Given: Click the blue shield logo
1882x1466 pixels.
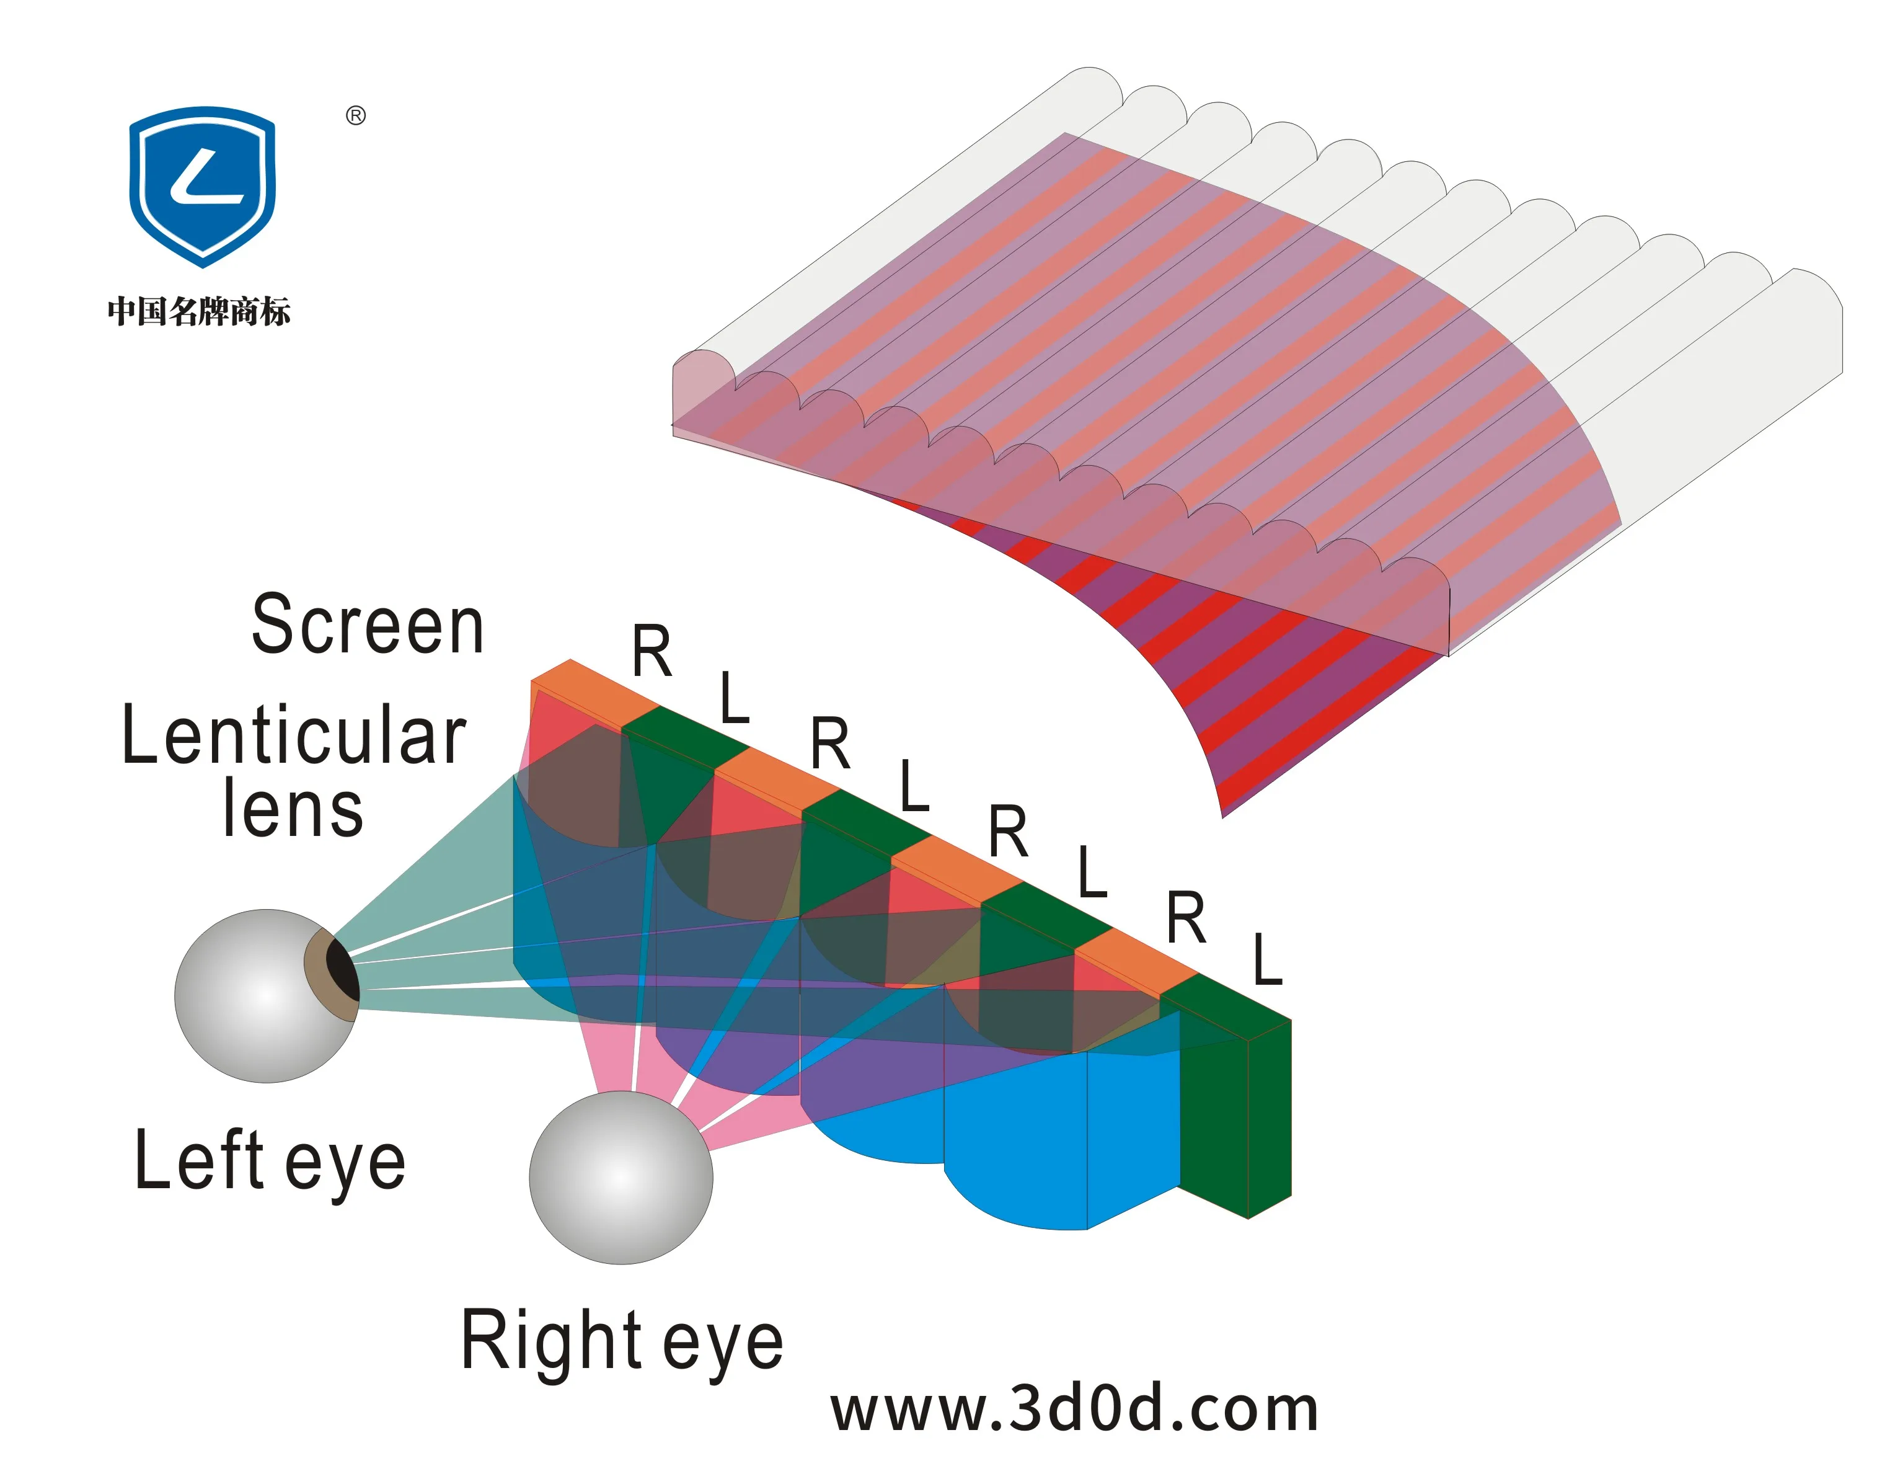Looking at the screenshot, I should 203,185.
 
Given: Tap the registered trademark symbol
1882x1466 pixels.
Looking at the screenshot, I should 356,115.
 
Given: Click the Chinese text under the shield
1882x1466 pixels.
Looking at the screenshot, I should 199,311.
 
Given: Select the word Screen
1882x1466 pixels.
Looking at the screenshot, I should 368,625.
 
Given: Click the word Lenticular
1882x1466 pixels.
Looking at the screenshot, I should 294,734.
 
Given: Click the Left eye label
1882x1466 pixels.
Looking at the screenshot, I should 270,1161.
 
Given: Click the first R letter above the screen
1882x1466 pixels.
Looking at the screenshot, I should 652,652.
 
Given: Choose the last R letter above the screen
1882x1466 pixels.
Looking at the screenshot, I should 1186,918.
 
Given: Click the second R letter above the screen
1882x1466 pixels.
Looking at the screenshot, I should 831,743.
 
